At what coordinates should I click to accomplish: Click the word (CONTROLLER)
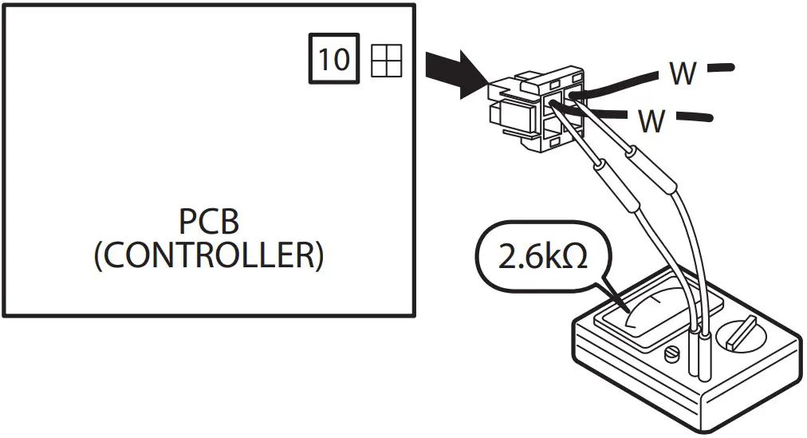coord(209,256)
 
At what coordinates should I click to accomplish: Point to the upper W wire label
coord(683,74)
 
